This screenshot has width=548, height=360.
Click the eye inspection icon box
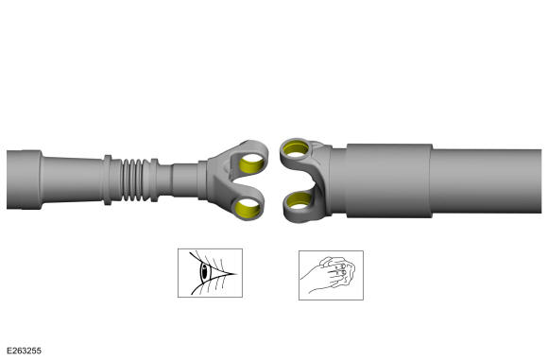210,273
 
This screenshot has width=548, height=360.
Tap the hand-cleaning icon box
331,275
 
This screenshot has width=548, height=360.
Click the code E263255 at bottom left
24,351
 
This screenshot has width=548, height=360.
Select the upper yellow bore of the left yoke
252,163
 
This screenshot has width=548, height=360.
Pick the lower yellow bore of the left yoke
248,209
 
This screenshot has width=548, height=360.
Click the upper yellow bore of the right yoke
296,148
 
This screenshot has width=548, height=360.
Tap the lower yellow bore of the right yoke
299,200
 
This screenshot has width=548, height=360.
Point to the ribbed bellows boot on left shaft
132,180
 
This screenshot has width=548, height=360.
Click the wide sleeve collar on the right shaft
388,180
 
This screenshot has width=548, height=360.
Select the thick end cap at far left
25,180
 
